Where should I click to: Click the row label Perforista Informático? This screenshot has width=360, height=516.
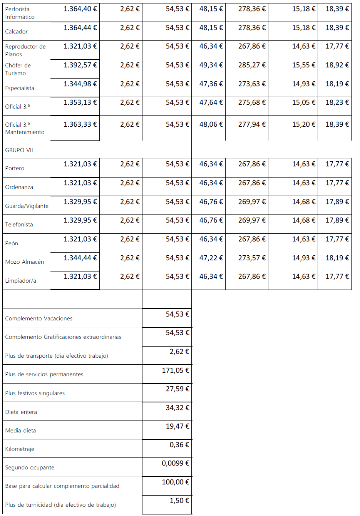(x=20, y=13)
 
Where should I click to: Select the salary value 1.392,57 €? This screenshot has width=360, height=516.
(x=80, y=65)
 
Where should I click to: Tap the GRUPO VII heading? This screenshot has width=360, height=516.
(x=19, y=150)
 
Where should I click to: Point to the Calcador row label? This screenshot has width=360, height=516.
(x=16, y=32)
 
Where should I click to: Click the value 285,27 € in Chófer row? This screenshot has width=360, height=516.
(x=252, y=65)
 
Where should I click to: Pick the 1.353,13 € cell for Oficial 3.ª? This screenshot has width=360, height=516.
(x=80, y=102)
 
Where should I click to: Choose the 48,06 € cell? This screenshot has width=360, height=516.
(x=211, y=124)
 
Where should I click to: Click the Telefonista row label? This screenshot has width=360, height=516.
(x=19, y=224)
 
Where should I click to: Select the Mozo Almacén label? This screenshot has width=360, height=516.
(x=24, y=262)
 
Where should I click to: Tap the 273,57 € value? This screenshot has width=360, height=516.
(x=252, y=258)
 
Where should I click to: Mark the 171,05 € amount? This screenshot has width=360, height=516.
(x=176, y=370)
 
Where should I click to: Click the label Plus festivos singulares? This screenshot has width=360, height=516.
(x=35, y=393)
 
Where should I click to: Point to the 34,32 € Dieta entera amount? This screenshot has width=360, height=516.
(x=177, y=408)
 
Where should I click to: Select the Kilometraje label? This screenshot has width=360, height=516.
(x=20, y=449)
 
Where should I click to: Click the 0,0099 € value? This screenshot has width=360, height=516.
(x=176, y=463)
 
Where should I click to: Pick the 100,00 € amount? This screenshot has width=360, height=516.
(x=176, y=482)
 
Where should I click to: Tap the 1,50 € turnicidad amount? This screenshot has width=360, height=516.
(x=179, y=501)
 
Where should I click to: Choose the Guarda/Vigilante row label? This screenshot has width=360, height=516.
(x=27, y=206)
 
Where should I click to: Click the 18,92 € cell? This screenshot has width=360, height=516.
(x=337, y=65)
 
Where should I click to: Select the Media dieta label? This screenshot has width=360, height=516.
(x=20, y=431)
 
